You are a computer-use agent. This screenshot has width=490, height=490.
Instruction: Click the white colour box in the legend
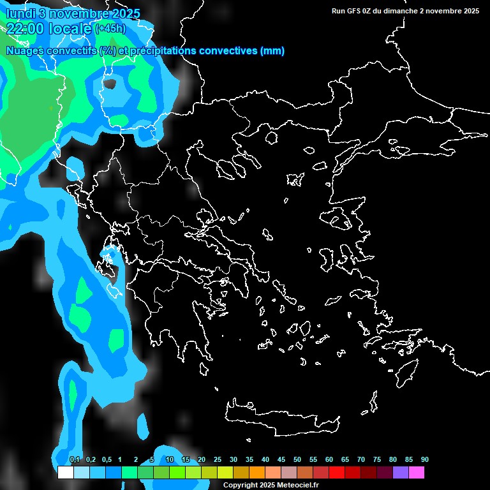pyautogui.click(x=65, y=472)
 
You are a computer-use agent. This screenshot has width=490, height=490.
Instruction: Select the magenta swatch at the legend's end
pyautogui.click(x=416, y=472)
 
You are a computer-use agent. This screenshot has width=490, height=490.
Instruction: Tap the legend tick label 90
pyautogui.click(x=424, y=459)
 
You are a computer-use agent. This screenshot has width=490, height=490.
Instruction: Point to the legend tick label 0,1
pyautogui.click(x=75, y=459)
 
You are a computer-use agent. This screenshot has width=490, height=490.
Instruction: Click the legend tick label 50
pyautogui.click(x=297, y=459)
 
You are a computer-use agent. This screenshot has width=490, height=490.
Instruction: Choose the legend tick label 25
pyautogui.click(x=218, y=459)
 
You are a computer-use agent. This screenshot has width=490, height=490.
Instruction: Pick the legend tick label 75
pyautogui.click(x=377, y=459)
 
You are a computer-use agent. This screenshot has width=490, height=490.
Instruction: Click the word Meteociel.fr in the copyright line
pyautogui.click(x=298, y=486)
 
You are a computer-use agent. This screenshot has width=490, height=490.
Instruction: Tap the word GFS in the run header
pyautogui.click(x=353, y=11)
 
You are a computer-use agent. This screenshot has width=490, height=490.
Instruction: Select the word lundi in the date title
pyautogui.click(x=20, y=14)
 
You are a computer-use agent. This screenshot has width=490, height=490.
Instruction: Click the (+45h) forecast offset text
pyautogui.click(x=110, y=29)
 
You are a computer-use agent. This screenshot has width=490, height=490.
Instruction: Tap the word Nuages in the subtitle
pyautogui.click(x=25, y=51)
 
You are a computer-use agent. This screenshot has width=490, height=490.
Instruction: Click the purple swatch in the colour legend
pyautogui.click(x=400, y=472)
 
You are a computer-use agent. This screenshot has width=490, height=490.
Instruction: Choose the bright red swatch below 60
pyautogui.click(x=336, y=472)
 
